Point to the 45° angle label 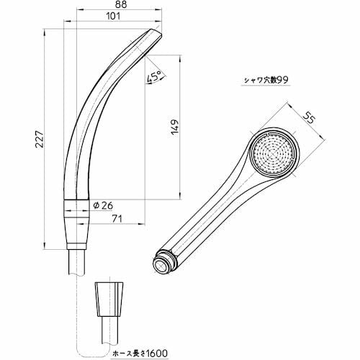[153, 76]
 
